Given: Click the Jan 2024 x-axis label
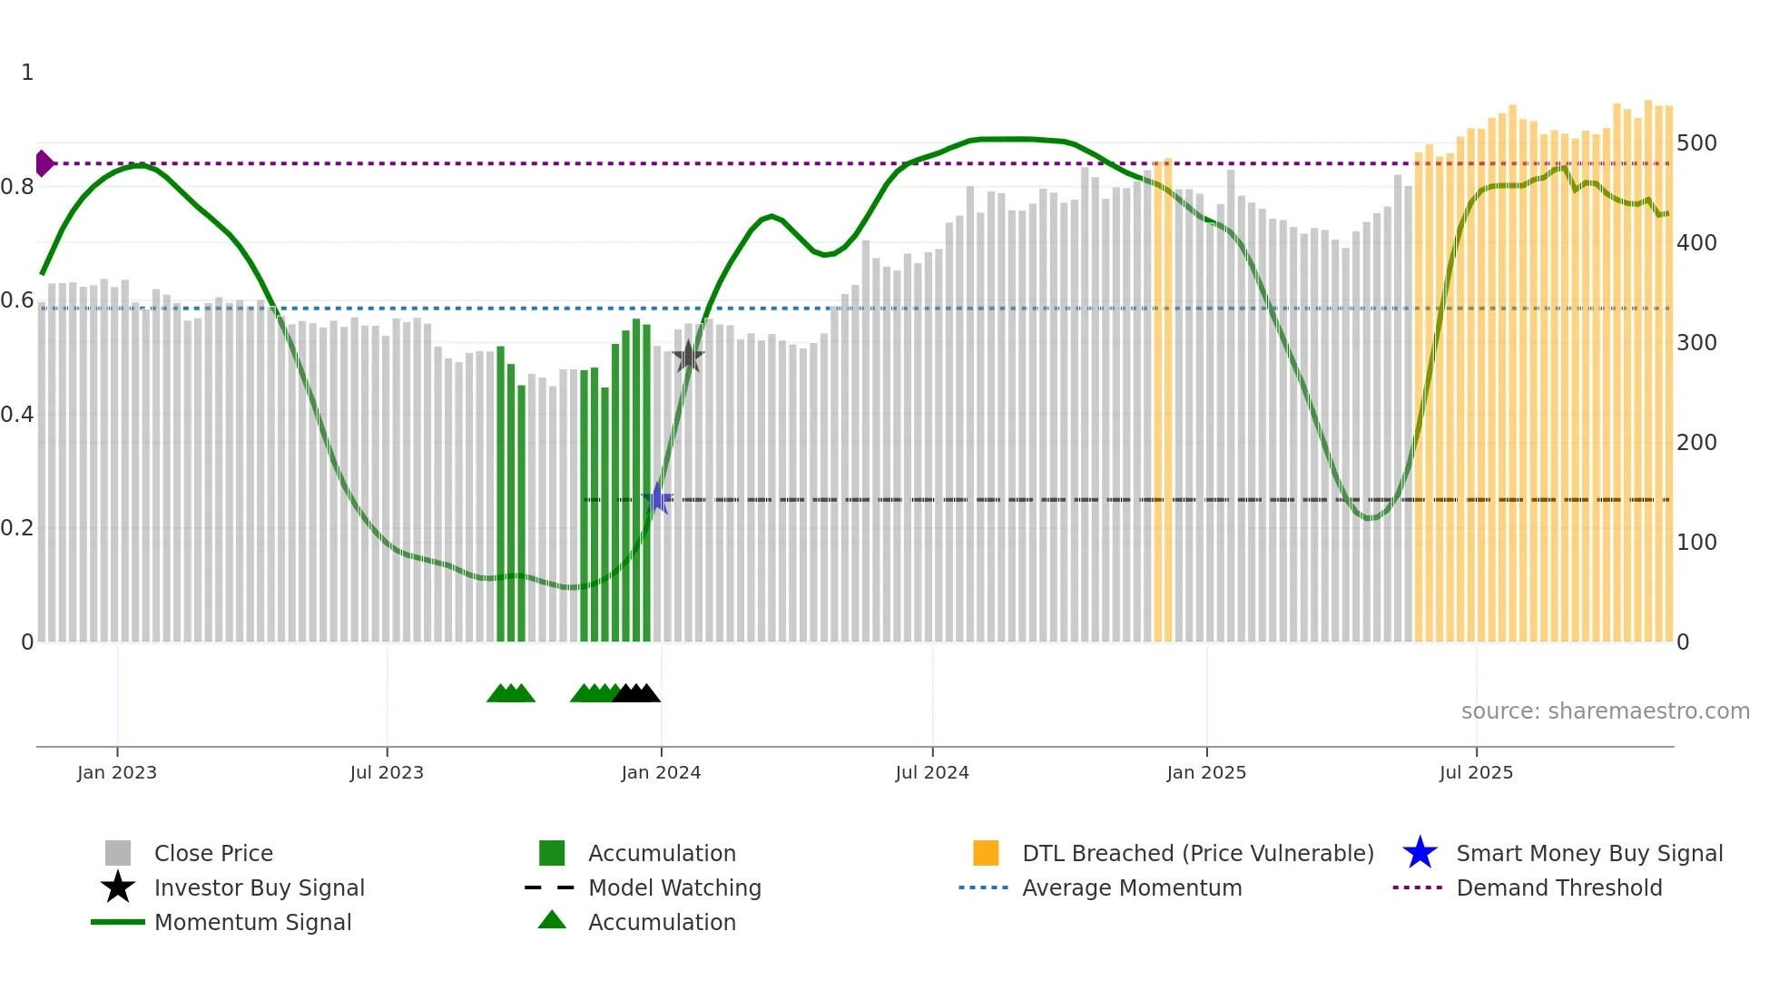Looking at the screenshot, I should [x=661, y=772].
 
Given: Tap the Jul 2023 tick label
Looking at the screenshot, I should [x=387, y=772].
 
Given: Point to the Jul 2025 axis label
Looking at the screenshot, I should [x=1476, y=772].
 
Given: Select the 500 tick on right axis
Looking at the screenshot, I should [x=1696, y=143].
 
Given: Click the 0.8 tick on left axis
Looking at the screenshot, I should [x=17, y=187].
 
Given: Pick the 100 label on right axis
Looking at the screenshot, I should [x=1696, y=543].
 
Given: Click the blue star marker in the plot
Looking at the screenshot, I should [x=657, y=499].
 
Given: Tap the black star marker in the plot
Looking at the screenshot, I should [x=688, y=357].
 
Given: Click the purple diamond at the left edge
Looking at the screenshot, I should [x=44, y=163].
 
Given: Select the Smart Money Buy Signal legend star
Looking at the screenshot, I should [x=1420, y=853].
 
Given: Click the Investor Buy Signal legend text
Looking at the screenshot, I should [x=259, y=887].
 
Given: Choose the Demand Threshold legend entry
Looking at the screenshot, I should [x=1558, y=887].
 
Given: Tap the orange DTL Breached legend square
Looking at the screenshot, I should [x=986, y=853].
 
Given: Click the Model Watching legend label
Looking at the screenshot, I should [x=674, y=887].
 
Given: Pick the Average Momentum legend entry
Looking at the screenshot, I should [x=1131, y=887].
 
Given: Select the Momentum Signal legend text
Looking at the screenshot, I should [x=252, y=922].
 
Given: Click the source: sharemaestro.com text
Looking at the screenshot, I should [x=1605, y=711].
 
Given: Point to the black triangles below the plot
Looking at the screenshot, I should [x=636, y=693].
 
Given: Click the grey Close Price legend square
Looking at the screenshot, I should [x=118, y=853].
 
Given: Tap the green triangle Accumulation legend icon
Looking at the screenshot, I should [x=552, y=920].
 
